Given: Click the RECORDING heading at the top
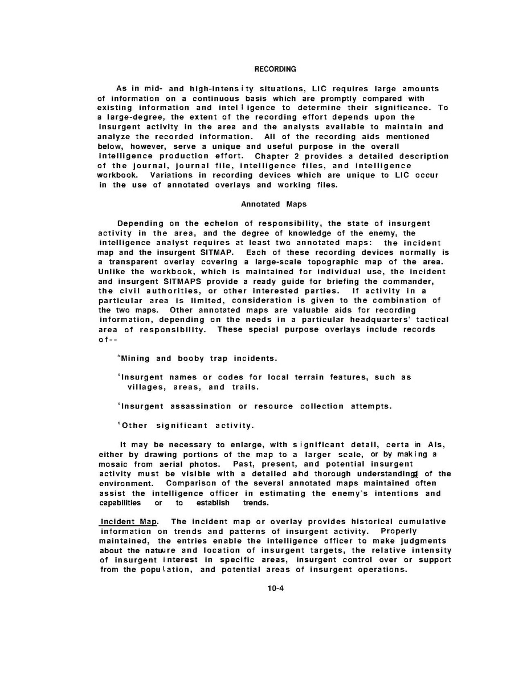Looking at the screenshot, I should (275, 70).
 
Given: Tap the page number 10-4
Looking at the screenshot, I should (275, 589).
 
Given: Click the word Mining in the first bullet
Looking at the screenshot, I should (135, 358).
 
